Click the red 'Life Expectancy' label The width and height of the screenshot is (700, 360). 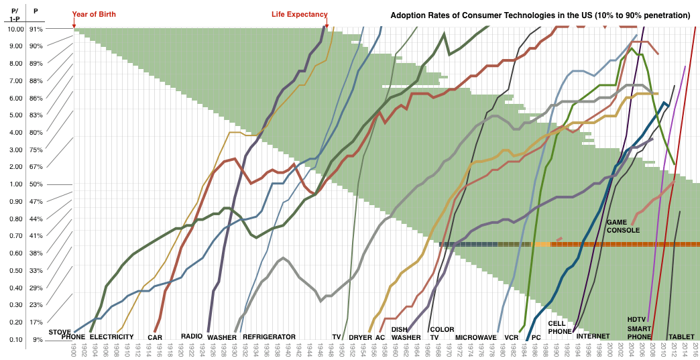299,14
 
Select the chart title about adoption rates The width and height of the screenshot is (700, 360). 540,15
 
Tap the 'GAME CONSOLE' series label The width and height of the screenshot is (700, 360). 623,226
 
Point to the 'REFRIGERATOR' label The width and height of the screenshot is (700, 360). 269,337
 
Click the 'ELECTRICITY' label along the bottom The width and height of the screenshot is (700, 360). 111,337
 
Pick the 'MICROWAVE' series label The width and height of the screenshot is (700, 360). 476,337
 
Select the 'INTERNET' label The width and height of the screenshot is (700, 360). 593,337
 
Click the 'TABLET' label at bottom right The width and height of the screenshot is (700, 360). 681,337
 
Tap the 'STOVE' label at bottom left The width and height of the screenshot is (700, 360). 60,332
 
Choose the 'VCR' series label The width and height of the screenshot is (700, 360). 512,337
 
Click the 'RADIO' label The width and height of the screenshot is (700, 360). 192,337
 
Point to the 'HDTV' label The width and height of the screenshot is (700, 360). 636,319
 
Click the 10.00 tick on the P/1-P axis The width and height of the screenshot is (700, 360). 15,29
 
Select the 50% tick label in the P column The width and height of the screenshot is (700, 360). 36,184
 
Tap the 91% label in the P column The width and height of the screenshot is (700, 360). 36,29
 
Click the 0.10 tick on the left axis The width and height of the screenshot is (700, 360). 15,339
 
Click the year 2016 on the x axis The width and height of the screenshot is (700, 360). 696,350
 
